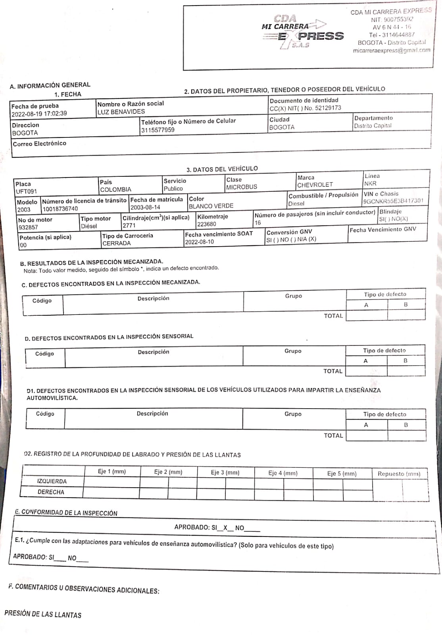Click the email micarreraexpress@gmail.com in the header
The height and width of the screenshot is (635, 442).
pos(391,50)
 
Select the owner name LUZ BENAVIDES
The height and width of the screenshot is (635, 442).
pos(121,112)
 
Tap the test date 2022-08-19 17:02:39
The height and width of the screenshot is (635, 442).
pos(39,114)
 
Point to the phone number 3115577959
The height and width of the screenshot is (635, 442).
pos(158,130)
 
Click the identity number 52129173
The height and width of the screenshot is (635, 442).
pos(328,108)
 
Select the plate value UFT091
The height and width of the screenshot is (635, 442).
pos(26,191)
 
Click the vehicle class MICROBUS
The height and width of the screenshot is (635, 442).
pos(242,187)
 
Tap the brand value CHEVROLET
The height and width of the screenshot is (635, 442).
pos(315,185)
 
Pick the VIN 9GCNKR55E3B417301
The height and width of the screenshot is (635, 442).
pos(393,201)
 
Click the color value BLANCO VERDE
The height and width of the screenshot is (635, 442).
pos(211,206)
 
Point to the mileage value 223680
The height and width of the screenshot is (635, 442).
pos(207,224)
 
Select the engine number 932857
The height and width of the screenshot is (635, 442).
pos(28,227)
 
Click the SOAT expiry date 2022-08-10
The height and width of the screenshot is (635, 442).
pos(199,242)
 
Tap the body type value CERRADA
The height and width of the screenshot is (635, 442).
pos(116,243)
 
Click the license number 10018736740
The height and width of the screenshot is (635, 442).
pos(60,209)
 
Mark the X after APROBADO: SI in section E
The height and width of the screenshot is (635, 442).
pos(225,528)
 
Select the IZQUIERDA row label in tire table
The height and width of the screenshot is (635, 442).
pos(52,481)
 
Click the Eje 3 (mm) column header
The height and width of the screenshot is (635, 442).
pos(225,473)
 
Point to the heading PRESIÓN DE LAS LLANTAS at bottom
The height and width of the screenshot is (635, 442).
pos(43,614)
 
